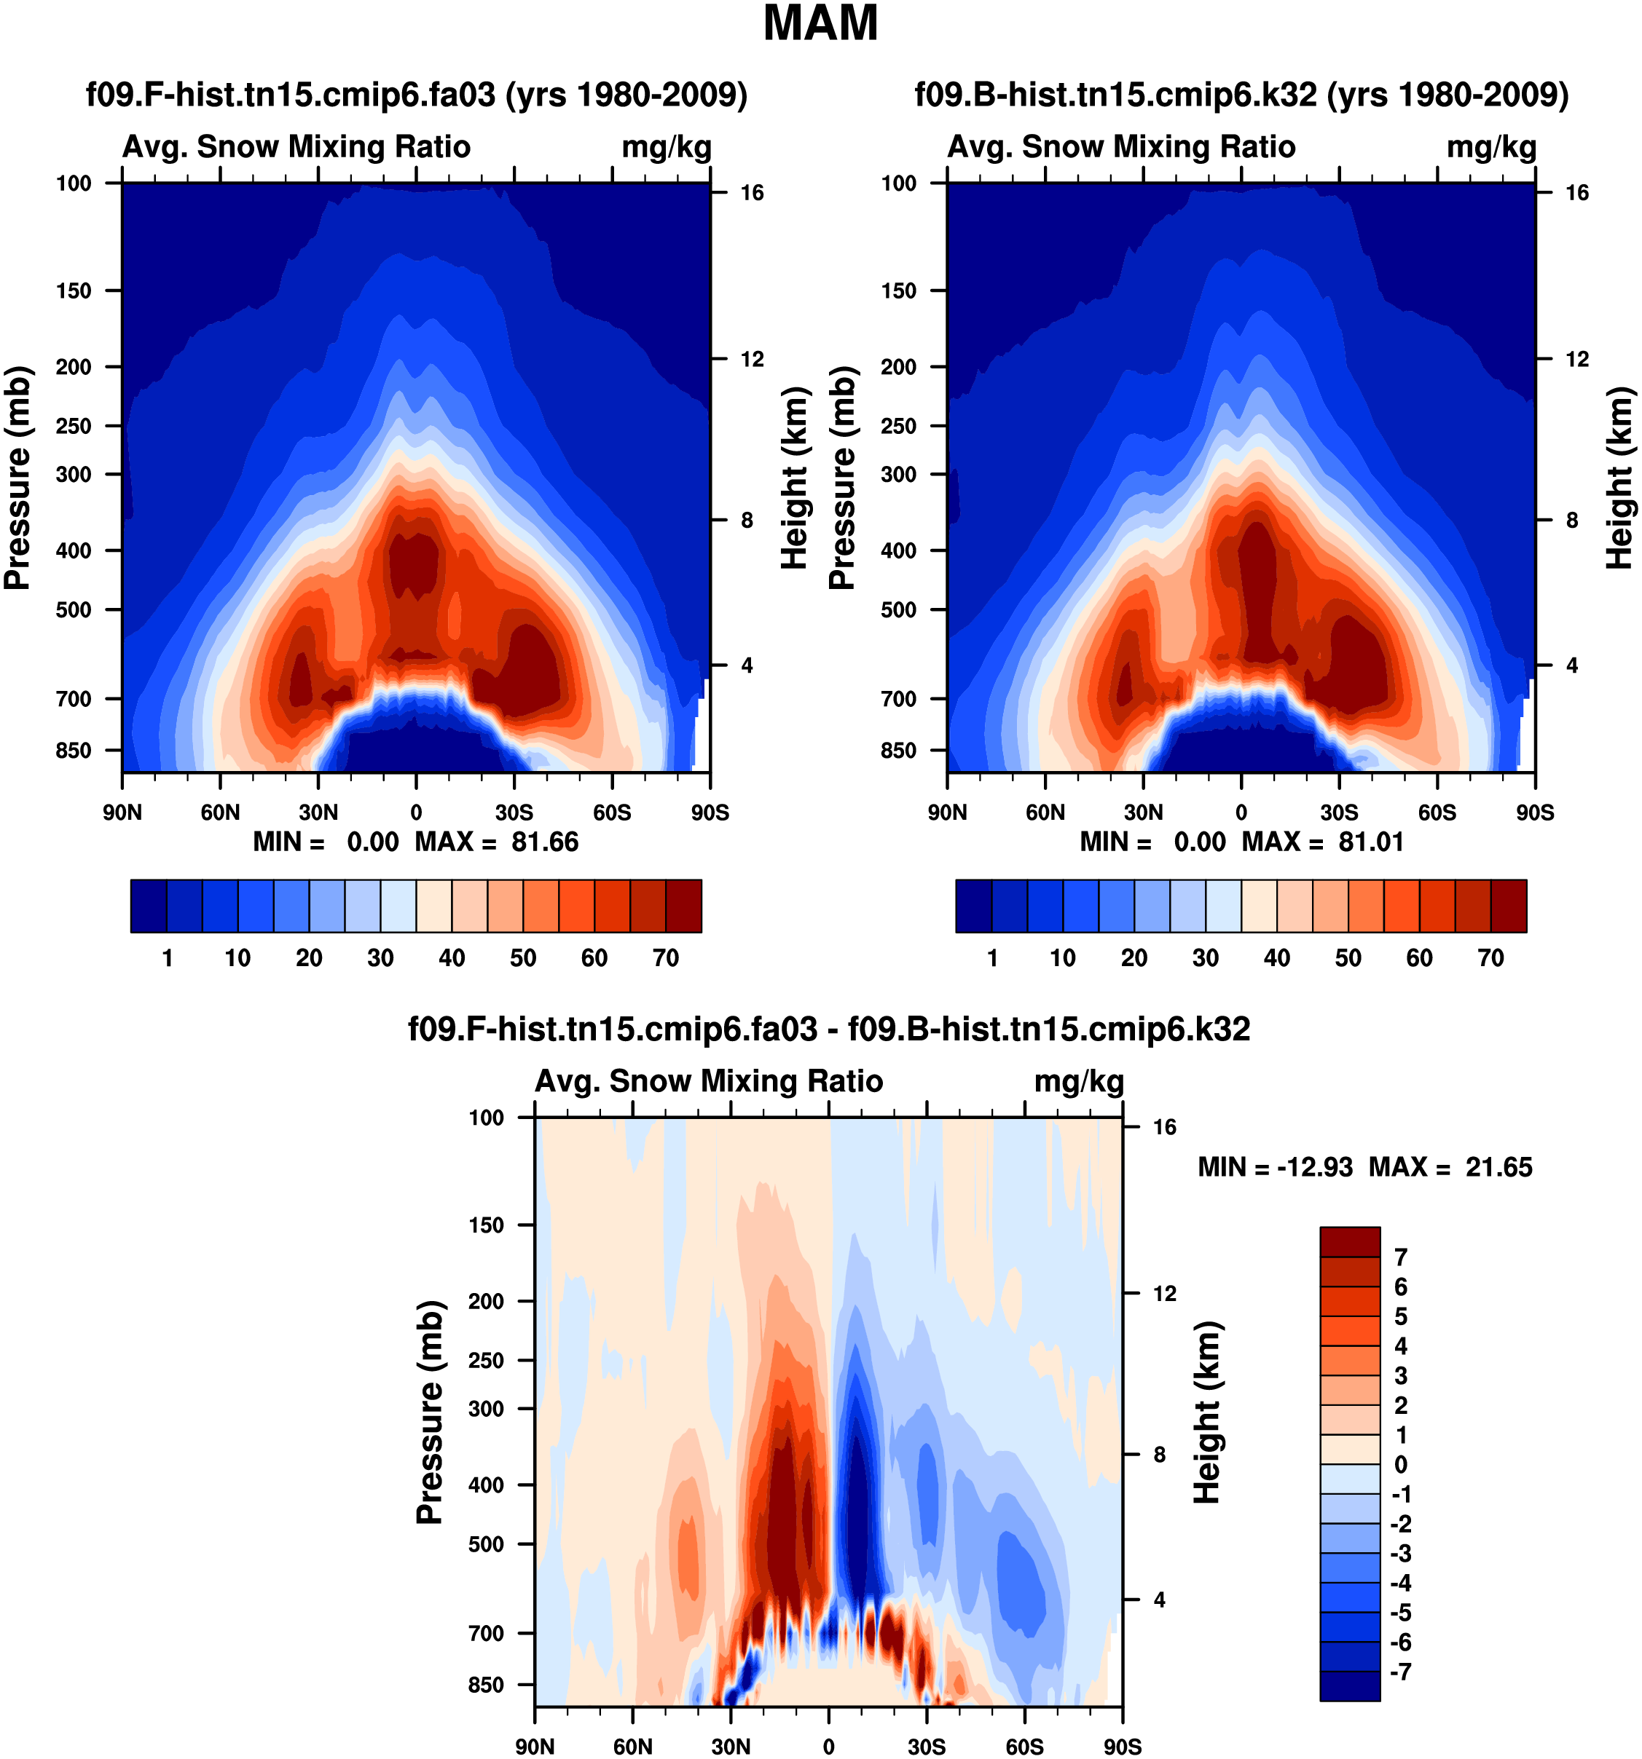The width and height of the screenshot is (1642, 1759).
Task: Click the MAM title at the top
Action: tap(820, 24)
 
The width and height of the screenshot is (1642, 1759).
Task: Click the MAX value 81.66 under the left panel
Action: tap(544, 842)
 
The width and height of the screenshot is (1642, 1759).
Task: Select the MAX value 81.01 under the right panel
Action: tap(1371, 842)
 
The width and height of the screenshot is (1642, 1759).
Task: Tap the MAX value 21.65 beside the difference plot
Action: tap(1498, 1167)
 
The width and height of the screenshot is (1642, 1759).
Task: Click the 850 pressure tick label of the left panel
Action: tap(74, 751)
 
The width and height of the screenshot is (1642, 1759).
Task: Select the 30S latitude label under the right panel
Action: tap(1339, 813)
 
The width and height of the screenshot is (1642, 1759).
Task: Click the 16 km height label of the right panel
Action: tap(1576, 193)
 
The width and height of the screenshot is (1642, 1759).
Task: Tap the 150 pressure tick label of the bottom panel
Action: tap(486, 1225)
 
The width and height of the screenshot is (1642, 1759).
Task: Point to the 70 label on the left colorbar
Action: tap(666, 957)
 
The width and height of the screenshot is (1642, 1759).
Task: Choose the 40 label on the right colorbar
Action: tap(1276, 957)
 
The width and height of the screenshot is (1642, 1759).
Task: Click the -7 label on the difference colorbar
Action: tap(1400, 1672)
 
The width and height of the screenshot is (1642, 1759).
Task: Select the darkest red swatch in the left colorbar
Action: tap(683, 906)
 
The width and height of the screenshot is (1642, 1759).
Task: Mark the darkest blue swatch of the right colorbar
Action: tap(974, 906)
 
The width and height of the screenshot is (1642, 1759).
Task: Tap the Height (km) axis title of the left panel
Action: tap(796, 478)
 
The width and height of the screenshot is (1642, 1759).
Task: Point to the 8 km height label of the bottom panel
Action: tap(1160, 1455)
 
